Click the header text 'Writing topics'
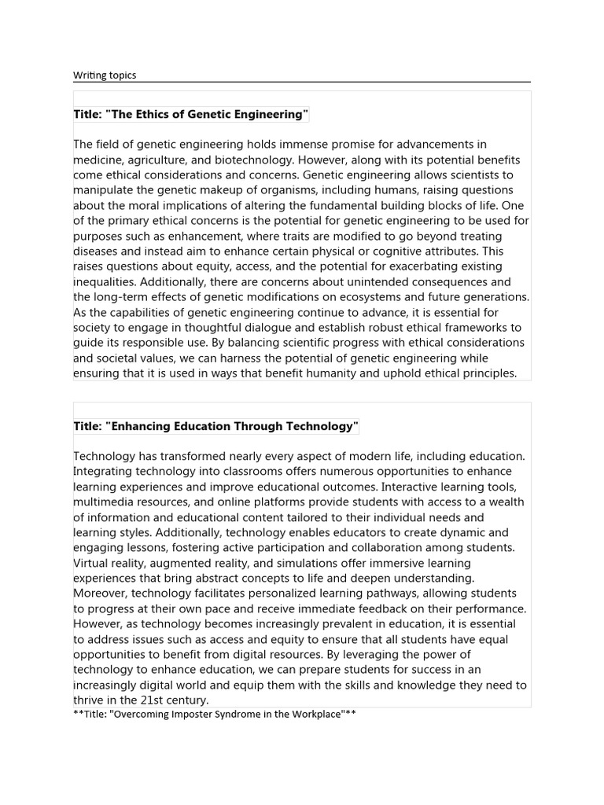[x=105, y=75]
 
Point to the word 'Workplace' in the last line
[x=310, y=715]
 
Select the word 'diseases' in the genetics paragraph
[x=97, y=252]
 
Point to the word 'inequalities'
[x=106, y=282]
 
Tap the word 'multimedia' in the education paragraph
[x=105, y=502]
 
